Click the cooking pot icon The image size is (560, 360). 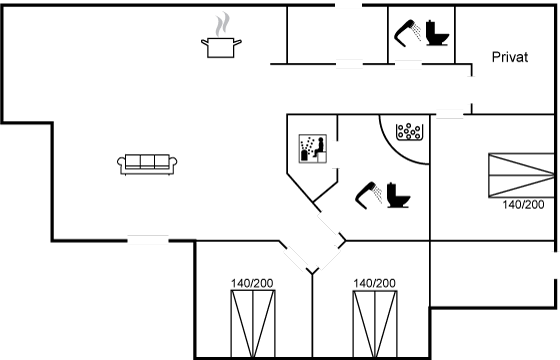[221, 47]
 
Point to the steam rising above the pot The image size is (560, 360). [222, 24]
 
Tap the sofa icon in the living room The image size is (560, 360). [147, 164]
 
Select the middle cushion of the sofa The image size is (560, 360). [147, 161]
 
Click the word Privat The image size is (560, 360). [510, 57]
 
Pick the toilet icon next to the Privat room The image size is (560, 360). [437, 33]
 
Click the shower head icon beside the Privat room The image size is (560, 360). [408, 33]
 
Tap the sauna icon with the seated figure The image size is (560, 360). [312, 149]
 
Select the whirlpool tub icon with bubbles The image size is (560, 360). [409, 131]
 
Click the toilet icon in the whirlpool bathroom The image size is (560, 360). [398, 195]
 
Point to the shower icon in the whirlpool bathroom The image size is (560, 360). [369, 195]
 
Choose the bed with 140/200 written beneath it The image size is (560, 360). [521, 175]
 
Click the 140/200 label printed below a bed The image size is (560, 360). [523, 205]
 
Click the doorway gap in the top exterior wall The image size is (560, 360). [349, 5]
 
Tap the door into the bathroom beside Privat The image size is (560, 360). [408, 64]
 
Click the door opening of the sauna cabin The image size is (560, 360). [336, 155]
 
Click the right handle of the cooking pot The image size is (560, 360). [238, 42]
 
